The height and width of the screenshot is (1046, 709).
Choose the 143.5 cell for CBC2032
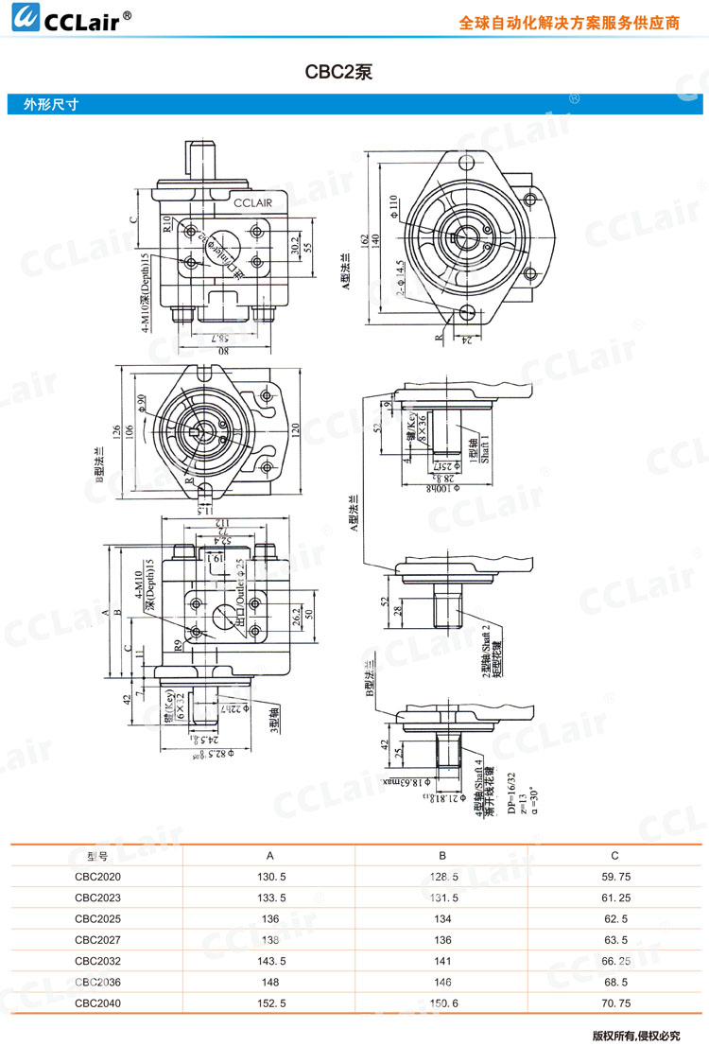(270, 961)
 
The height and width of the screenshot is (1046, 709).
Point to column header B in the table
(442, 856)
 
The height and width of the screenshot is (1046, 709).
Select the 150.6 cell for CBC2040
(442, 1002)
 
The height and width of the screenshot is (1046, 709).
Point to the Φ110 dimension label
(393, 207)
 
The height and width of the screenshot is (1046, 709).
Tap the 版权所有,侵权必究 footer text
(635, 1035)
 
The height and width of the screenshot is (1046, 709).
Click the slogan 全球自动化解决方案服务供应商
(569, 23)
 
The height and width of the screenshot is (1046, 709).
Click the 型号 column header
(97, 856)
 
